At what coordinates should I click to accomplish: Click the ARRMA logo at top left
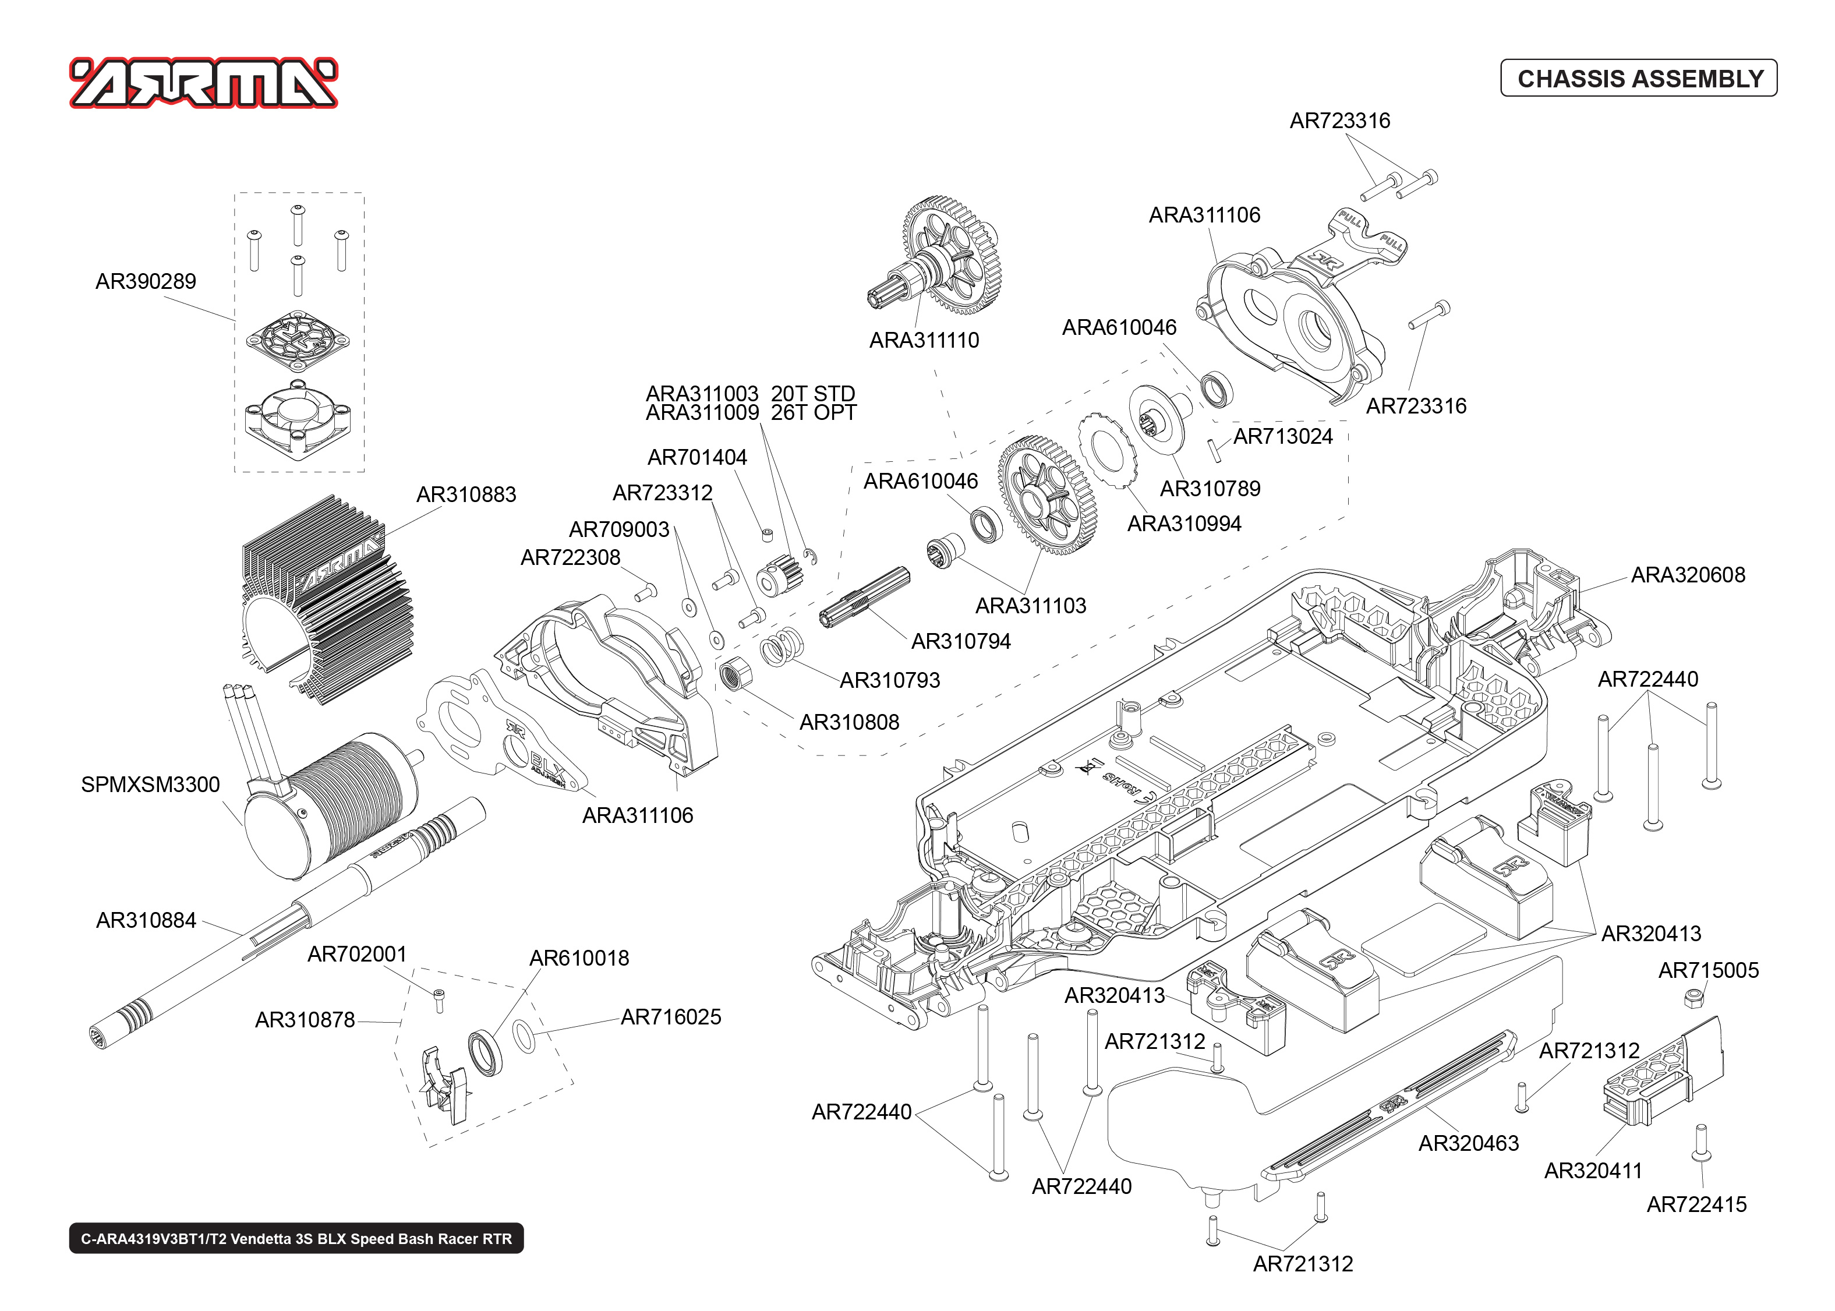click(x=203, y=83)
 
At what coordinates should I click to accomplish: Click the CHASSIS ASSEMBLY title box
click(x=1638, y=78)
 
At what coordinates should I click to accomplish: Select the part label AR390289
click(x=146, y=282)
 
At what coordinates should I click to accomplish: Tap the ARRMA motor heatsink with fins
click(x=323, y=598)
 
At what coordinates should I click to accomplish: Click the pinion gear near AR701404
click(x=776, y=577)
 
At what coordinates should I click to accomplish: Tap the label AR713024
click(x=1283, y=437)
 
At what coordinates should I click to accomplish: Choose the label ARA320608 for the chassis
click(x=1687, y=575)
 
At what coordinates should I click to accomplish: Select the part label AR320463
click(x=1468, y=1143)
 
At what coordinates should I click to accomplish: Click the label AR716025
click(x=670, y=1017)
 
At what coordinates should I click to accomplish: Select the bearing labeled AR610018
click(x=486, y=1052)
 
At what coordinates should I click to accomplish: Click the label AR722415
click(x=1696, y=1204)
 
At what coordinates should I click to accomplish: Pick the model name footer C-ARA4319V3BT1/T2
click(x=296, y=1238)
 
